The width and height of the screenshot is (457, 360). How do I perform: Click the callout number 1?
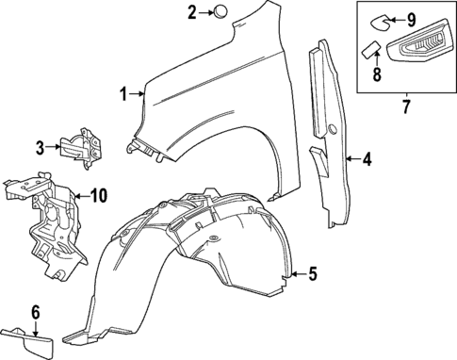click(x=122, y=92)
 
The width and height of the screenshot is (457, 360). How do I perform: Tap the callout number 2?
click(x=192, y=12)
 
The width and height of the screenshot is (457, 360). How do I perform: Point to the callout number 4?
click(x=367, y=159)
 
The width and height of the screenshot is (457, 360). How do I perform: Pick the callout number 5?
click(x=313, y=274)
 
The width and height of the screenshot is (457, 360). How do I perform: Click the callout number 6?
click(x=36, y=312)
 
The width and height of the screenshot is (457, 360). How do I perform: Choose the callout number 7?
click(x=406, y=106)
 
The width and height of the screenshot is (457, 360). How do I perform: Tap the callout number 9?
click(x=411, y=20)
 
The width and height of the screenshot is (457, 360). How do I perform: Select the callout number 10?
click(x=98, y=196)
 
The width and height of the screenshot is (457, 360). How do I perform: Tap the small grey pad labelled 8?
click(x=371, y=49)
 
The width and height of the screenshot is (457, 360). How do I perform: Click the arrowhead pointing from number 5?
click(x=295, y=274)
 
